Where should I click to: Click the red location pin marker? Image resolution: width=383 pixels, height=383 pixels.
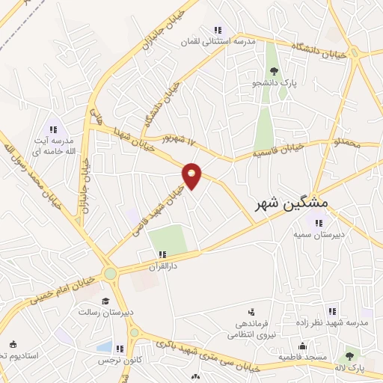click(x=192, y=175)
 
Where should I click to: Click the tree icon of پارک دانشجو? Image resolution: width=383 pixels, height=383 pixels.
click(x=274, y=72)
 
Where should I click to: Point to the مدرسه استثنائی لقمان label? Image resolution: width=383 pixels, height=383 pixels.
click(x=222, y=42)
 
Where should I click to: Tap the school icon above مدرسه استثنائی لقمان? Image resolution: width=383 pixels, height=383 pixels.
click(x=218, y=30)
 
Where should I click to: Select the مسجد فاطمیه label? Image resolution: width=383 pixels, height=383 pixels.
click(x=302, y=358)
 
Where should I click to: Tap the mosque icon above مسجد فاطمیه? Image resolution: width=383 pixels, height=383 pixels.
click(x=302, y=346)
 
